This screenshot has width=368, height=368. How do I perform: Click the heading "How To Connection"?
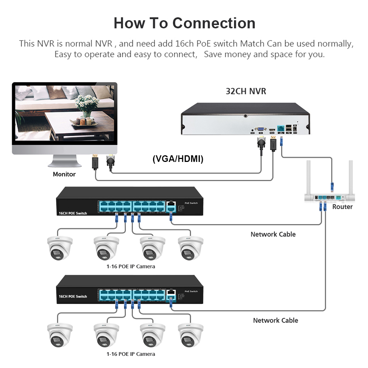[x=184, y=23]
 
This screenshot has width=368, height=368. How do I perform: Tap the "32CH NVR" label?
[x=246, y=91]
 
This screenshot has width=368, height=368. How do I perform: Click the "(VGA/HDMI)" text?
[x=178, y=159]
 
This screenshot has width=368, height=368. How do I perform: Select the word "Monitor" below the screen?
[x=64, y=174]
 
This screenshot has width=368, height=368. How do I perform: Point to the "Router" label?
[x=342, y=207]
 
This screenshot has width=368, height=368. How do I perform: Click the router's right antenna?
[x=351, y=177]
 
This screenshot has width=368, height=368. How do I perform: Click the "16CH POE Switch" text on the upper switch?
[x=73, y=213]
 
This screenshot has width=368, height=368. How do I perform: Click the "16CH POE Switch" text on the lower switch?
[x=73, y=296]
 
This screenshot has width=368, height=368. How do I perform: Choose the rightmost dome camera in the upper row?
[x=191, y=248]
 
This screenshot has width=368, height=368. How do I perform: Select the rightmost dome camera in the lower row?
[x=191, y=335]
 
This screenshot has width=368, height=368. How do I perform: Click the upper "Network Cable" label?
[x=273, y=234]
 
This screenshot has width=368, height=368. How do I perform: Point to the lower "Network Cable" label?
[x=276, y=320]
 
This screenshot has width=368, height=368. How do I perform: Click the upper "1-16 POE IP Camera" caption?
[x=131, y=266]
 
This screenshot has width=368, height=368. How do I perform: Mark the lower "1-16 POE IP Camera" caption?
[x=131, y=354]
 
